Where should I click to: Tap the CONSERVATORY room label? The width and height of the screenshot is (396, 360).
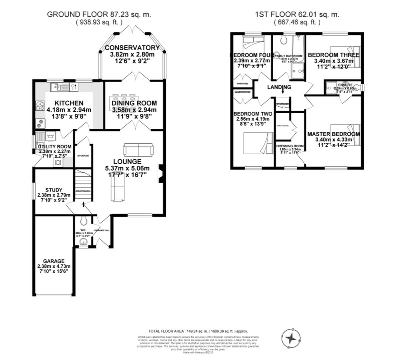pyautogui.click(x=132, y=48)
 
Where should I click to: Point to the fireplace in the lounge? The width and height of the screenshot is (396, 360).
pyautogui.click(x=160, y=174)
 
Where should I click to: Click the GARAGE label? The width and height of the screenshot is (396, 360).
pyautogui.click(x=54, y=261)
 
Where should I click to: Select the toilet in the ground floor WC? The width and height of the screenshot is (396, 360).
pyautogui.click(x=84, y=220)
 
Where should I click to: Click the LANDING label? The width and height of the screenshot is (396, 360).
pyautogui.click(x=279, y=87)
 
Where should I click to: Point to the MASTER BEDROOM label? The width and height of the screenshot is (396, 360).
pyautogui.click(x=334, y=134)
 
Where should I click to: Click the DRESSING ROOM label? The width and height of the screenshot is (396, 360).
pyautogui.click(x=290, y=146)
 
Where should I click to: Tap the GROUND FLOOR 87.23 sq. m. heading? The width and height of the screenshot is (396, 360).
pyautogui.click(x=99, y=14)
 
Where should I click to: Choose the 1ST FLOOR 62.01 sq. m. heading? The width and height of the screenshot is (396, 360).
pyautogui.click(x=297, y=14)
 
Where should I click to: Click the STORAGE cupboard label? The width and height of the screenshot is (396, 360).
pyautogui.click(x=83, y=156)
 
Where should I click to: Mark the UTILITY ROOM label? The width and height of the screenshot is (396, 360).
pyautogui.click(x=55, y=147)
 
